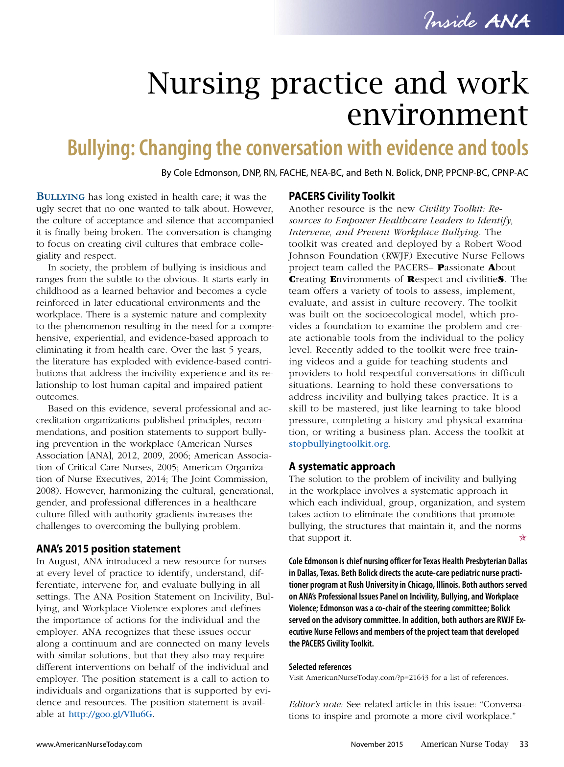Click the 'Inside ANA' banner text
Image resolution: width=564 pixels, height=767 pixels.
[476, 21]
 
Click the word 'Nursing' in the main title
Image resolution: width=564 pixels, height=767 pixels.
[203, 83]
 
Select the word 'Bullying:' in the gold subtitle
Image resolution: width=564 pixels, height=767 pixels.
[100, 148]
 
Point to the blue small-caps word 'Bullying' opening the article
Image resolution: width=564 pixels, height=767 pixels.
[61, 197]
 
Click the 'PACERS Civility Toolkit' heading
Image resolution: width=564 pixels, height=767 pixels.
[341, 196]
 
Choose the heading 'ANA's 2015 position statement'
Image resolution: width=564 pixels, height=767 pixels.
[108, 549]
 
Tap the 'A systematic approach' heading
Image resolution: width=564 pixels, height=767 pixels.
[342, 466]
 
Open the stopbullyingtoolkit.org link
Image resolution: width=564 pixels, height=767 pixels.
[338, 444]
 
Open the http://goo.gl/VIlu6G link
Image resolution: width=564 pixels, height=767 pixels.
[110, 714]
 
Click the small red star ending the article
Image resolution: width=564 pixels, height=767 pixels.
[522, 538]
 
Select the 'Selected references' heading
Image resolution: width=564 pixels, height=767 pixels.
[320, 667]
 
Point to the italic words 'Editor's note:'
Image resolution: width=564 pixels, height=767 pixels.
[315, 704]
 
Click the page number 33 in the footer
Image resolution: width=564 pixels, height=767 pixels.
[524, 744]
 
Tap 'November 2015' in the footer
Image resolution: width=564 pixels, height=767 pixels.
[376, 744]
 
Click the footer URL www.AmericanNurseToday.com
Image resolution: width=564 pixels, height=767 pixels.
[89, 744]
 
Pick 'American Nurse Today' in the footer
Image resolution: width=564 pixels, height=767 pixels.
[464, 744]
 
